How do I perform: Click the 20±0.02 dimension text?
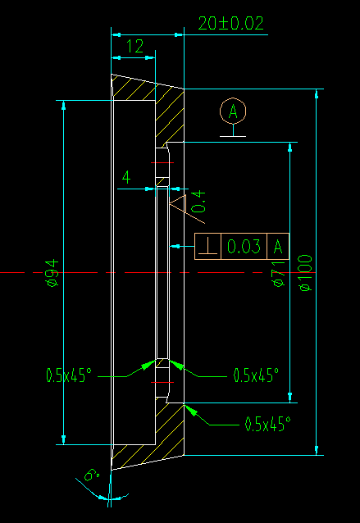pyautogui.click(x=231, y=23)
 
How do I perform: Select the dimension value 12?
pyautogui.click(x=134, y=47)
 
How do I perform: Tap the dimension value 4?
pyautogui.click(x=126, y=177)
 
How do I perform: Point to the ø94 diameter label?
pyautogui.click(x=53, y=273)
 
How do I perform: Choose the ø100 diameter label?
pyautogui.click(x=306, y=273)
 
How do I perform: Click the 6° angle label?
pyautogui.click(x=92, y=475)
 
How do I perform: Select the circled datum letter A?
pyautogui.click(x=233, y=111)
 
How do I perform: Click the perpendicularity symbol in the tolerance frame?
pyautogui.click(x=207, y=247)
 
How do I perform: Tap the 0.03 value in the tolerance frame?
pyautogui.click(x=244, y=247)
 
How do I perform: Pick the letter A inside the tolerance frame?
pyautogui.click(x=278, y=247)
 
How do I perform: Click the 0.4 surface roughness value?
pyautogui.click(x=198, y=202)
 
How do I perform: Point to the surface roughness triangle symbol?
pyautogui.click(x=179, y=204)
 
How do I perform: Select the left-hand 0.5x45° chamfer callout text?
pyautogui.click(x=69, y=375)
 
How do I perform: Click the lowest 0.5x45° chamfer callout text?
pyautogui.click(x=268, y=424)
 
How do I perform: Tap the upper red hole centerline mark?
pyautogui.click(x=162, y=163)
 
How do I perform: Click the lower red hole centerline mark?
pyautogui.click(x=162, y=382)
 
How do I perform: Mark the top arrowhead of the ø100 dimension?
pyautogui.click(x=317, y=93)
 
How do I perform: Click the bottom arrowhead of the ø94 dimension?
pyautogui.click(x=64, y=439)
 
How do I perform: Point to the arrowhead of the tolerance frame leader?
pyautogui.click(x=175, y=247)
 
